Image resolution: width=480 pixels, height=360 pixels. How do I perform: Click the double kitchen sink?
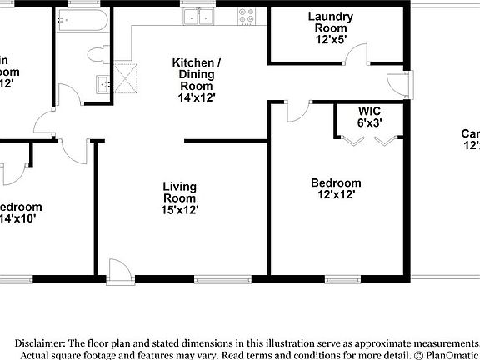click(x=199, y=15)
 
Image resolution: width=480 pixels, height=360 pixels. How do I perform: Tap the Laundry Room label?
click(x=331, y=22)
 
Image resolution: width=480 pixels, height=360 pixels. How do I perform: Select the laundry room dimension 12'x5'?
click(x=331, y=39)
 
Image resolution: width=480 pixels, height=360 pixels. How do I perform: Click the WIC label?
click(x=369, y=110)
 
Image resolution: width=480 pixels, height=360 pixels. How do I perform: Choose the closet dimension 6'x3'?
click(x=369, y=122)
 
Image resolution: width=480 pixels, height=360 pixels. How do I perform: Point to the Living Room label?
click(x=179, y=192)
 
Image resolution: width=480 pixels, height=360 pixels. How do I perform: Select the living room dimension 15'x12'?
click(x=179, y=210)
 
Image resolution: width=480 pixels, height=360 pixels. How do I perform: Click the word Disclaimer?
click(x=39, y=342)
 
